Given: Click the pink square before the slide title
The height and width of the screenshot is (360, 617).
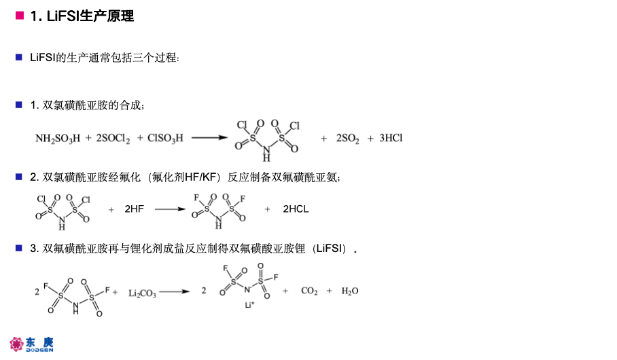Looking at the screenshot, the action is click(x=20, y=16).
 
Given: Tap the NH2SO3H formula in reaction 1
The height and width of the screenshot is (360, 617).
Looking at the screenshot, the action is click(x=58, y=139).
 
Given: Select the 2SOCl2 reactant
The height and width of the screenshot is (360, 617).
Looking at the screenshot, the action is click(x=113, y=139).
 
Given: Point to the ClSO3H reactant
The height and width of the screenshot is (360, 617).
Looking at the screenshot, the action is click(x=165, y=139).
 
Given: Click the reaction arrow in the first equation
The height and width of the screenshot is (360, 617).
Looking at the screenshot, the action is click(x=209, y=138).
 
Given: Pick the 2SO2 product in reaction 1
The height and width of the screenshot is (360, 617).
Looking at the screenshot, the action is click(x=347, y=139).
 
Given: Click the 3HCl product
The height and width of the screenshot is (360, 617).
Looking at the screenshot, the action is click(x=391, y=138).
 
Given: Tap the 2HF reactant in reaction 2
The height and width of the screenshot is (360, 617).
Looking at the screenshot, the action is click(x=134, y=209).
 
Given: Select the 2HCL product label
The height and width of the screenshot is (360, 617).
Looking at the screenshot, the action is click(x=296, y=209).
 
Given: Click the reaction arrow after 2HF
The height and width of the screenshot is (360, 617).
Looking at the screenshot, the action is click(x=170, y=209).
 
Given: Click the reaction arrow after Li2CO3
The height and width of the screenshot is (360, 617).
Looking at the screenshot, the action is click(x=175, y=291).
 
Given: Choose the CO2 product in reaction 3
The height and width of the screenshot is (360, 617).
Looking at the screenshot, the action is click(x=309, y=291).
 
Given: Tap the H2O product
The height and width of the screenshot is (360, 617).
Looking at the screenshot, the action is click(x=350, y=291).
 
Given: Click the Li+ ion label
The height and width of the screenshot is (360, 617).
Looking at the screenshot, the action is click(x=249, y=305).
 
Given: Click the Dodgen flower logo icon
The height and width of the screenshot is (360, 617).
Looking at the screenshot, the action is click(x=16, y=344).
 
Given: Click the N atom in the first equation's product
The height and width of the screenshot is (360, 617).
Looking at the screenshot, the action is click(x=266, y=149).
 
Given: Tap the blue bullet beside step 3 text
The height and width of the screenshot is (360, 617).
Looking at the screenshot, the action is click(x=19, y=248).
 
